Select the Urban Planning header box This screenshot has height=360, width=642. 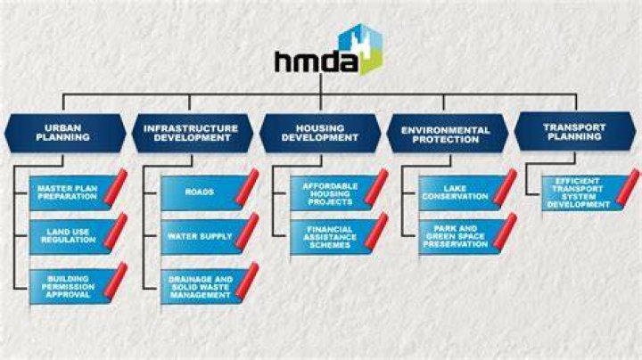click(65, 133)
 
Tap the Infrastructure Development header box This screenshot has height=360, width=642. click(193, 133)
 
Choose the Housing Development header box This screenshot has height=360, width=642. click(320, 133)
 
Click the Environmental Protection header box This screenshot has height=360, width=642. click(448, 134)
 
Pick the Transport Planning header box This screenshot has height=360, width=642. click(575, 132)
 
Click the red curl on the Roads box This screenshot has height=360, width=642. click(247, 186)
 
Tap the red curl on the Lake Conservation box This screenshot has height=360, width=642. click(505, 186)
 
